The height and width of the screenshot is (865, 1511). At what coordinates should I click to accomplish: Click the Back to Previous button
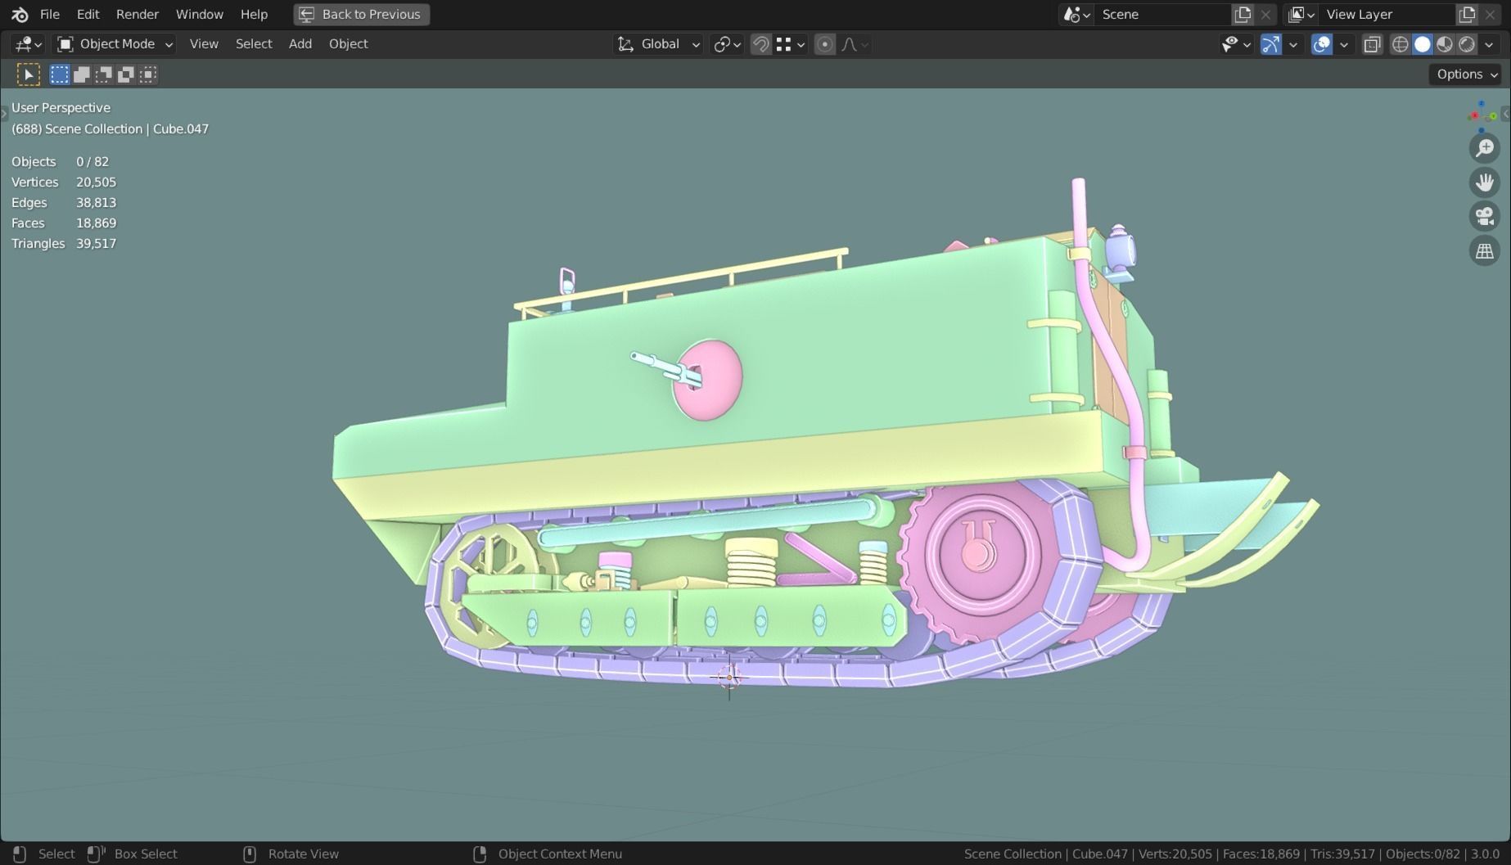click(361, 14)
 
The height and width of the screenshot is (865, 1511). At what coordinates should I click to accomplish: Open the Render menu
click(137, 14)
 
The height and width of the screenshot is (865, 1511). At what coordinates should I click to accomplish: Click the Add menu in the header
click(300, 44)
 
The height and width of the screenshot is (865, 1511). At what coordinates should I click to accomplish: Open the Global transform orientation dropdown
click(659, 44)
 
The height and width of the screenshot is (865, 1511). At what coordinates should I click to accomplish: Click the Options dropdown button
click(1467, 74)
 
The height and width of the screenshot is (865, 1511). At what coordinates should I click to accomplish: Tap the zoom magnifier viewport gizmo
click(1484, 148)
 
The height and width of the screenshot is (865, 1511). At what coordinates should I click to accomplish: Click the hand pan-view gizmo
click(1484, 182)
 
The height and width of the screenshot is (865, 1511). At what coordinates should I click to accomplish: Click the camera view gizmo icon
click(1484, 216)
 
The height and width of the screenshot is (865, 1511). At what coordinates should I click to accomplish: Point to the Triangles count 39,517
click(96, 243)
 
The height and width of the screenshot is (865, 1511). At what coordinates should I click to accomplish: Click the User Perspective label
click(61, 107)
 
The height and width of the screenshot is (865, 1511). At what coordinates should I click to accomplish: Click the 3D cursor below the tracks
click(728, 677)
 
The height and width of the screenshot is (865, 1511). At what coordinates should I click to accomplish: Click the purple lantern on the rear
click(1119, 247)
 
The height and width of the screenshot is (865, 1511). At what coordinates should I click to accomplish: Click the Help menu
click(254, 14)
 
